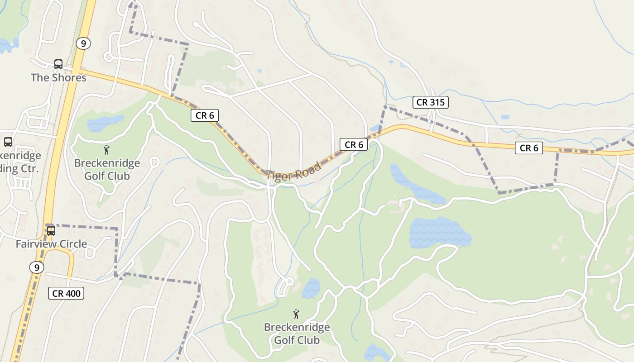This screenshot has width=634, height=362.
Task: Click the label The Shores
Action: [x=58, y=77]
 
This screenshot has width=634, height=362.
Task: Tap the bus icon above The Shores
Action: [x=58, y=64]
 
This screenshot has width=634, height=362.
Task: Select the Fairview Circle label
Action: [x=51, y=244]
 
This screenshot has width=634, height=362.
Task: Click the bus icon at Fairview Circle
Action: [x=51, y=230]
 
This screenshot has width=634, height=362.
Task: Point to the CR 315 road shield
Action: [x=431, y=102]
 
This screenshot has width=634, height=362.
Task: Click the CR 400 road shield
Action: [x=66, y=293]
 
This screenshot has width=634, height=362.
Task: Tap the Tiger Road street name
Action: [x=294, y=171]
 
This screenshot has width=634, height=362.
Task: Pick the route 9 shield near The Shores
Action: [x=83, y=43]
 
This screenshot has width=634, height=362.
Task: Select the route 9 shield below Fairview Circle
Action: [x=37, y=267]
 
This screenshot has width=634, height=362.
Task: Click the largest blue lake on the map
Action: [x=439, y=232]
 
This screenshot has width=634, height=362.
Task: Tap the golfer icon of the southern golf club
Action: [x=296, y=314]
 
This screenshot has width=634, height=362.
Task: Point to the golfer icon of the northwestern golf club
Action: [x=106, y=149]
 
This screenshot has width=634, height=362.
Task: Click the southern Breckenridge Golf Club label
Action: [x=297, y=333]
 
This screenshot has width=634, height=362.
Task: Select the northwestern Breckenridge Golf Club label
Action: [x=107, y=169]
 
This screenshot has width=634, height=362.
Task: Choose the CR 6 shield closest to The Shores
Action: [x=205, y=115]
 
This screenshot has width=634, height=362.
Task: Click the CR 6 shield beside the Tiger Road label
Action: [x=354, y=145]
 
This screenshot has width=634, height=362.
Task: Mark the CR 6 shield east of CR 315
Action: [x=528, y=148]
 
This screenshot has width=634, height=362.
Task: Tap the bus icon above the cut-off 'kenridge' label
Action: [x=8, y=142]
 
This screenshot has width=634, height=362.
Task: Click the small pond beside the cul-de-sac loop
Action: [x=311, y=288]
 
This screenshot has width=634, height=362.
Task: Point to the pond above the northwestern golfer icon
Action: [x=105, y=123]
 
